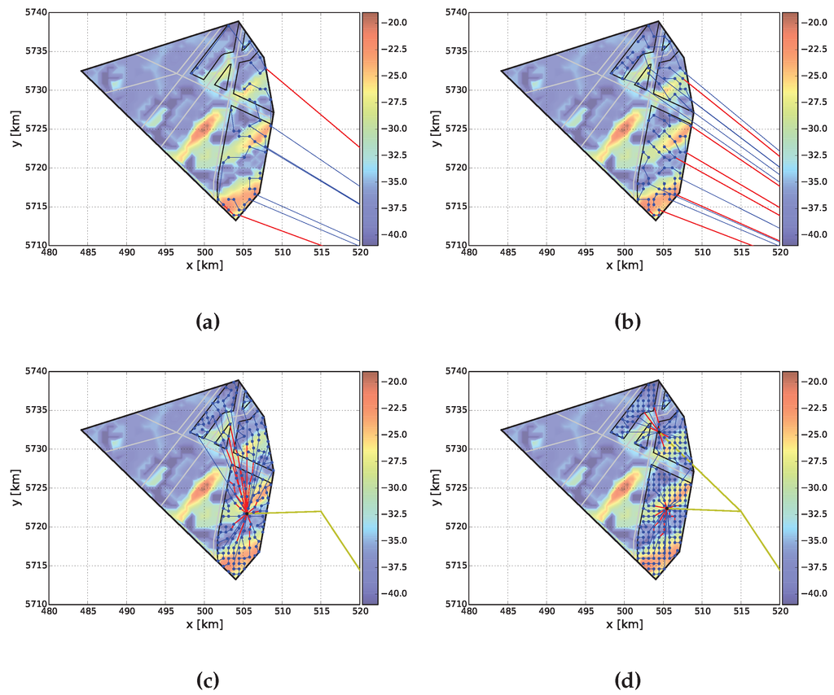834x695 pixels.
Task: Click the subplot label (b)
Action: [627, 321]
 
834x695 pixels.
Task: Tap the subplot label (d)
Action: [627, 679]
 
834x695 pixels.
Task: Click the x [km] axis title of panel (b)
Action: [624, 265]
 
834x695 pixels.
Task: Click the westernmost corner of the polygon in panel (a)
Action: [81, 71]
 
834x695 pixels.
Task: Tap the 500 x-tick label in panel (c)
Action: [204, 612]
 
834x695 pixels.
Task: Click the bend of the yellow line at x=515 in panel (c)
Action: [322, 511]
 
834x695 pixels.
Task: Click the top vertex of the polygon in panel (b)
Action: [658, 22]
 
